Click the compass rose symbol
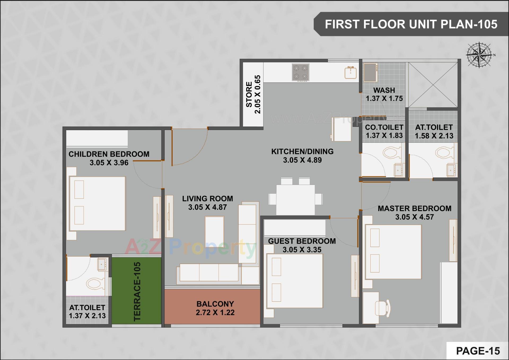coord(479,55)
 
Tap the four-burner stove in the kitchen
coord(300,72)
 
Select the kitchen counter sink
coord(350,73)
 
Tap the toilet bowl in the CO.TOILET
coord(390,153)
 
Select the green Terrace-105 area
coord(136,290)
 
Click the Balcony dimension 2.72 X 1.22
coord(215,313)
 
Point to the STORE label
coord(249,94)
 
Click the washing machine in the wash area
coord(370,72)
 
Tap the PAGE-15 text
coord(478,351)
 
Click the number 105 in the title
coord(488,24)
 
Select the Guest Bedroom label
coord(302,241)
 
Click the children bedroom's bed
coord(97,203)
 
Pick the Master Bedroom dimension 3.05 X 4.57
coord(414,217)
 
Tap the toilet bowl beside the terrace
coord(94,283)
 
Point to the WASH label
coord(384,90)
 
